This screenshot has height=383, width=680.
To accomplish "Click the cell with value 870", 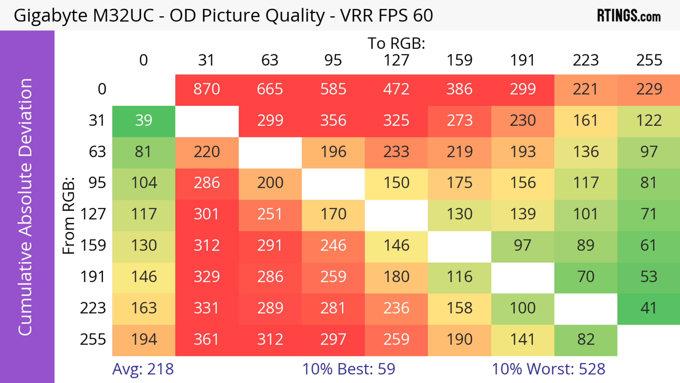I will [207, 89].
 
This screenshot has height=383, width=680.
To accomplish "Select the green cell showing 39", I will [144, 121].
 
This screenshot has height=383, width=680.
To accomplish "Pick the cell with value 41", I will [649, 308].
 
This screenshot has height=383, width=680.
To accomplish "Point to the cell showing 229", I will [649, 89].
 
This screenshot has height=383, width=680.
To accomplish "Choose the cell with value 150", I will [396, 183].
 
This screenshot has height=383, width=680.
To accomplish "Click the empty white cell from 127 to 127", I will [396, 214].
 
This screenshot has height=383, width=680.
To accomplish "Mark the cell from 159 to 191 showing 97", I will [522, 246].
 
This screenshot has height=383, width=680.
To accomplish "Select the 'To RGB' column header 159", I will [459, 60].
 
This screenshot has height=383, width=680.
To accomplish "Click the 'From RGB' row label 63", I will [97, 152].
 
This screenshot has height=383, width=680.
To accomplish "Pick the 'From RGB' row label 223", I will [93, 308].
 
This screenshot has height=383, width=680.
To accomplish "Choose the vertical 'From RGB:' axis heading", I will [69, 215].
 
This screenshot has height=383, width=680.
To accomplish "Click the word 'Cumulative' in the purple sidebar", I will [25, 288].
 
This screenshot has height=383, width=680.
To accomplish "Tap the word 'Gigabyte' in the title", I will [50, 16].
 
